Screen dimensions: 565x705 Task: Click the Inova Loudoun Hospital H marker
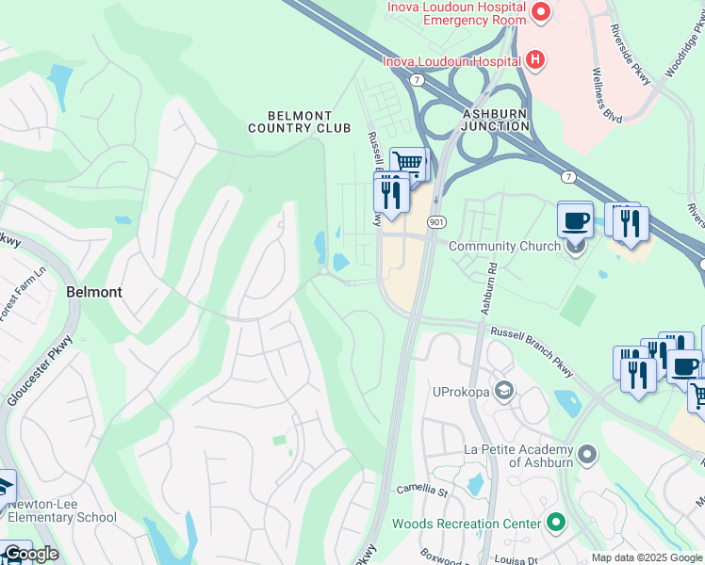coord(535,61)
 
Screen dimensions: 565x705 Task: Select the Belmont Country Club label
coord(298,121)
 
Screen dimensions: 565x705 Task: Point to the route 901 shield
coord(435,220)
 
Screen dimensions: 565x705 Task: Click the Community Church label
coord(503,247)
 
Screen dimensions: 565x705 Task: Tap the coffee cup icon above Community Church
coord(575,221)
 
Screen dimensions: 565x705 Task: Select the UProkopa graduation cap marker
coord(505,390)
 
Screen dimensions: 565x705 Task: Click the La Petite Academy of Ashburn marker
coord(588,455)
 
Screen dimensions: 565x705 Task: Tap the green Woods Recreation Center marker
coord(556,522)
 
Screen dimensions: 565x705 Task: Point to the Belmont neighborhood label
coord(94,292)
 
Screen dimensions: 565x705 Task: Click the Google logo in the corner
coord(30,554)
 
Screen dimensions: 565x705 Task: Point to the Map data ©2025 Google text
coord(647,557)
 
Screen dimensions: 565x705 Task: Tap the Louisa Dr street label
coord(514,558)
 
